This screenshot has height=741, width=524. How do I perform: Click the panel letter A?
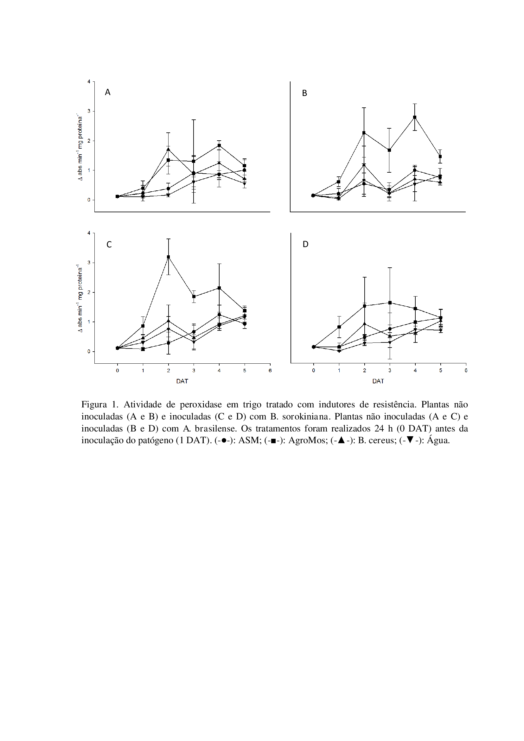[x=108, y=92]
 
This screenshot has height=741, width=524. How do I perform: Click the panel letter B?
[x=304, y=93]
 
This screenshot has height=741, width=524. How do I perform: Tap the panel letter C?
[x=109, y=245]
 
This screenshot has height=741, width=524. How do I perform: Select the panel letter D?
[x=305, y=244]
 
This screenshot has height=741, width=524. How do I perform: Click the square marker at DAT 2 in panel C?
[x=169, y=257]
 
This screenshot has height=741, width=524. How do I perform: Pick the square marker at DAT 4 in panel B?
[x=415, y=118]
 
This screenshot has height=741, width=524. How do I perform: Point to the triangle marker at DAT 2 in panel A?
[x=169, y=149]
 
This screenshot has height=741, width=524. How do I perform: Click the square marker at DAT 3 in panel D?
[x=390, y=303]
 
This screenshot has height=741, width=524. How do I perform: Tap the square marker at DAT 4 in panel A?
[x=219, y=145]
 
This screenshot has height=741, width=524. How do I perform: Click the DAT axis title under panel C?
[x=182, y=381]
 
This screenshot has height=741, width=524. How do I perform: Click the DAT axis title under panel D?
[x=378, y=381]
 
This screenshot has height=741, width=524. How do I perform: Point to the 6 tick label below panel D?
[x=466, y=371]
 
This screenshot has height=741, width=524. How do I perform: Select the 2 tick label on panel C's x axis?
[x=169, y=371]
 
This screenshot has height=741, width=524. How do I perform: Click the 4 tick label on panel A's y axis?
[x=89, y=81]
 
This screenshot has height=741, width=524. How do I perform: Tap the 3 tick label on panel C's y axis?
[x=89, y=263]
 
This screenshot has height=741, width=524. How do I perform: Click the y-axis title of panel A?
[x=80, y=147]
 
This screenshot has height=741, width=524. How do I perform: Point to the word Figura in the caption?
[x=94, y=405]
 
